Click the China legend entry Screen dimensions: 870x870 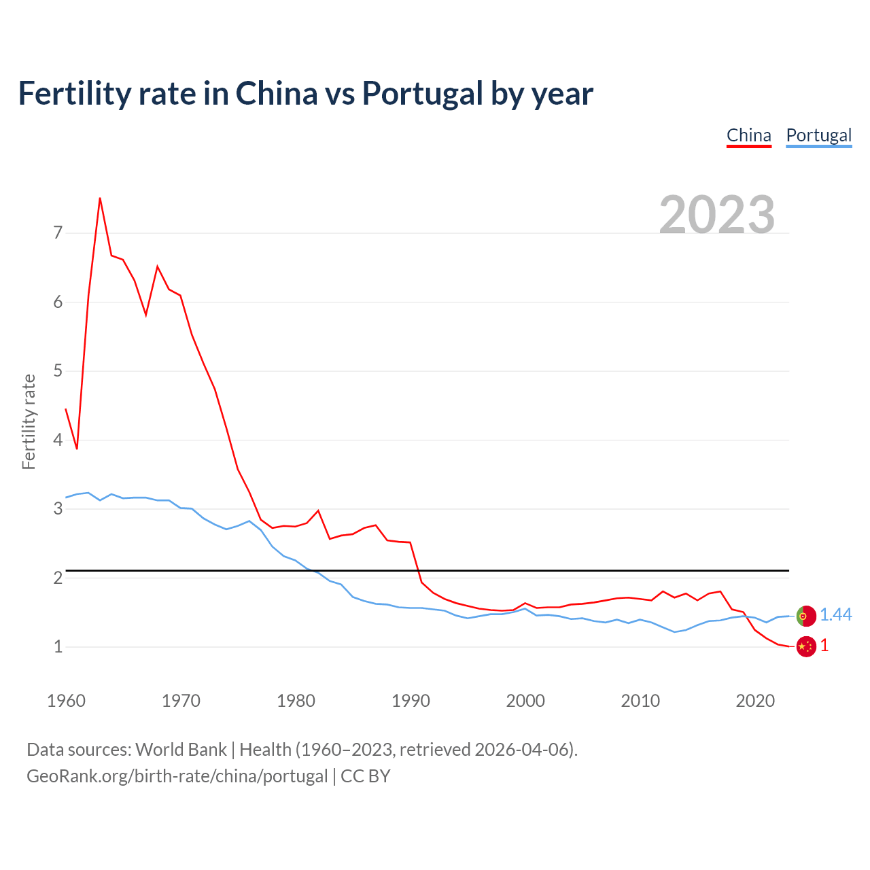click(748, 135)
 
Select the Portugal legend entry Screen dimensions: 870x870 click(818, 135)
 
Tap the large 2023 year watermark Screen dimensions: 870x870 click(717, 215)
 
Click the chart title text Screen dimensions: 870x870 click(305, 93)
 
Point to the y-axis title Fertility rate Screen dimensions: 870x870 click(29, 421)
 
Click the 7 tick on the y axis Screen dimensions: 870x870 click(58, 233)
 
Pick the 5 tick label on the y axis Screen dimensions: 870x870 click(58, 371)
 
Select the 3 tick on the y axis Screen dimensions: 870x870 click(58, 508)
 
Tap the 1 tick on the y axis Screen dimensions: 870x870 click(58, 646)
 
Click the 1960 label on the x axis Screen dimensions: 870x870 click(66, 701)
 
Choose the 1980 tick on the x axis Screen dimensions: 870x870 click(296, 701)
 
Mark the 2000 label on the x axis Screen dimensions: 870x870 click(525, 701)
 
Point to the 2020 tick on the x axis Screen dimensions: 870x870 click(755, 701)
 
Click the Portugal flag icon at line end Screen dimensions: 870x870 click(806, 616)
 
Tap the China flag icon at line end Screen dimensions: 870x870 click(806, 646)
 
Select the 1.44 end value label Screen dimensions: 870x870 click(835, 615)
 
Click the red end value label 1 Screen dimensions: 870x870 click(824, 646)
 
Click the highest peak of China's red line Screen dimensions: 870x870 click(100, 198)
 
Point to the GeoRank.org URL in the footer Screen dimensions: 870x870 click(177, 776)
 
